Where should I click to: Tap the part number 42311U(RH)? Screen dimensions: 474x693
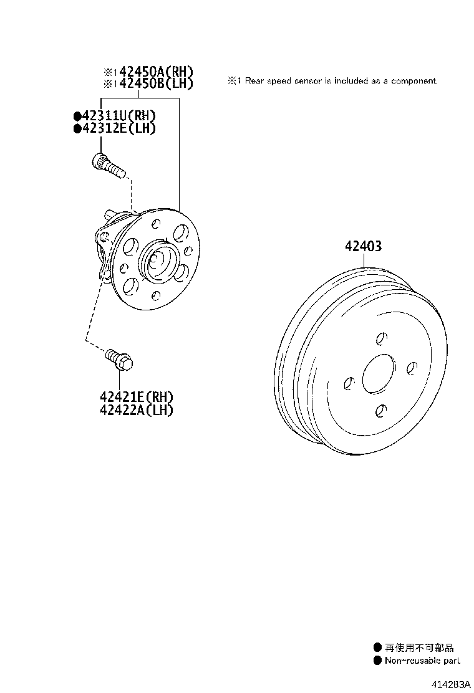coord(119,117)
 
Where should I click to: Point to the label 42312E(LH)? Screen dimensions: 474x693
coord(119,128)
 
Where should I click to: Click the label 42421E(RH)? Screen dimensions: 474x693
coord(136,398)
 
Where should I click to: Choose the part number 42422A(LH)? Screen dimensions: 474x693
coord(136,409)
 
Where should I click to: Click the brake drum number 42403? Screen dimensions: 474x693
coord(363,246)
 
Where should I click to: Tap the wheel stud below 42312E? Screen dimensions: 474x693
coord(109,165)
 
